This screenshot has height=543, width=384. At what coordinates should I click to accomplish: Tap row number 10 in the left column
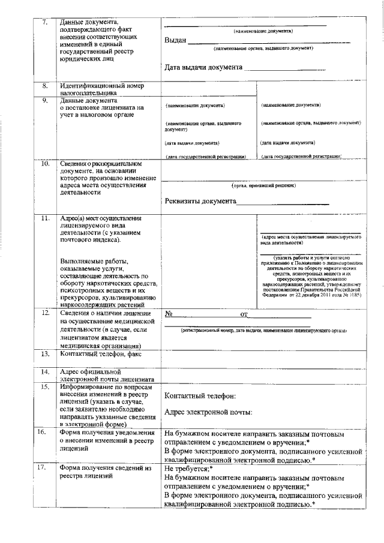click(x=44, y=163)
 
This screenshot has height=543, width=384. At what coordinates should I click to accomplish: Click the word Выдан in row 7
click(x=175, y=41)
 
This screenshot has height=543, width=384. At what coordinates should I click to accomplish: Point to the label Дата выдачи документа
click(x=203, y=67)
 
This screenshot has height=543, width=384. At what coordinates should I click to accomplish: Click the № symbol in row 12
click(x=169, y=314)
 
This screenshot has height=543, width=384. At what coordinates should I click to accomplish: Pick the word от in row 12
click(x=244, y=314)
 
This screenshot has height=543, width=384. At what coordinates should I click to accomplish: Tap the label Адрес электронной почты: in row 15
click(x=208, y=412)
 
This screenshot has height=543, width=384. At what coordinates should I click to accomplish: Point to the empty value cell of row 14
click(x=262, y=375)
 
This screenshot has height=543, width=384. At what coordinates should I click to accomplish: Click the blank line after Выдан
click(x=270, y=41)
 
